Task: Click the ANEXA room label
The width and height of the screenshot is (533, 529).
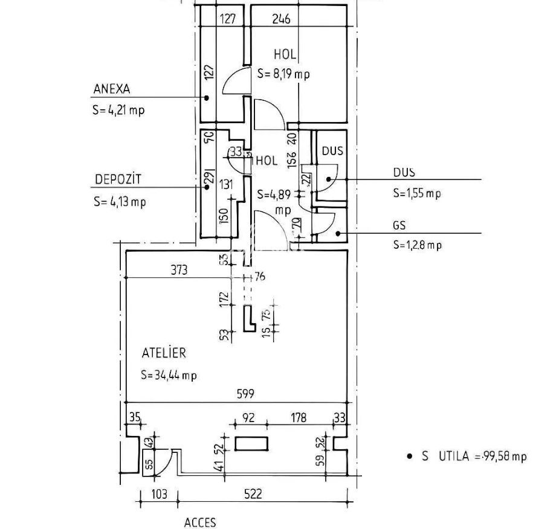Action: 112,89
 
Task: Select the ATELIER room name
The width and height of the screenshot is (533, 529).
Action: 164,353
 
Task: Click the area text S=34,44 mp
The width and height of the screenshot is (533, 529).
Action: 169,375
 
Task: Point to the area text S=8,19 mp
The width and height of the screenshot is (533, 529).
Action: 283,74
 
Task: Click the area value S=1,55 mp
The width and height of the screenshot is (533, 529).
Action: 417,193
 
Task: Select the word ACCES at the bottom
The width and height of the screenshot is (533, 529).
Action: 199,522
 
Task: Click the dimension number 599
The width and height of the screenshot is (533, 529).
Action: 246,394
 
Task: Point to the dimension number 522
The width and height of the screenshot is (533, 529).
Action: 253,494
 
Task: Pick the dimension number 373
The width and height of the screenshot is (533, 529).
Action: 179,270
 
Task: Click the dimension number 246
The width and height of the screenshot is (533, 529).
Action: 281,19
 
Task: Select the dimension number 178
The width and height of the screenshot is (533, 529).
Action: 298,417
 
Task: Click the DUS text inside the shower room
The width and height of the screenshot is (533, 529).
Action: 332,151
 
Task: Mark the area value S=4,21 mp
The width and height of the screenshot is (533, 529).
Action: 118,111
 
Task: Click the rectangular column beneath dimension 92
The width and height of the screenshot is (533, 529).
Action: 251,443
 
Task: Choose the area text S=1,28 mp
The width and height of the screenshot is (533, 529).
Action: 417,245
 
